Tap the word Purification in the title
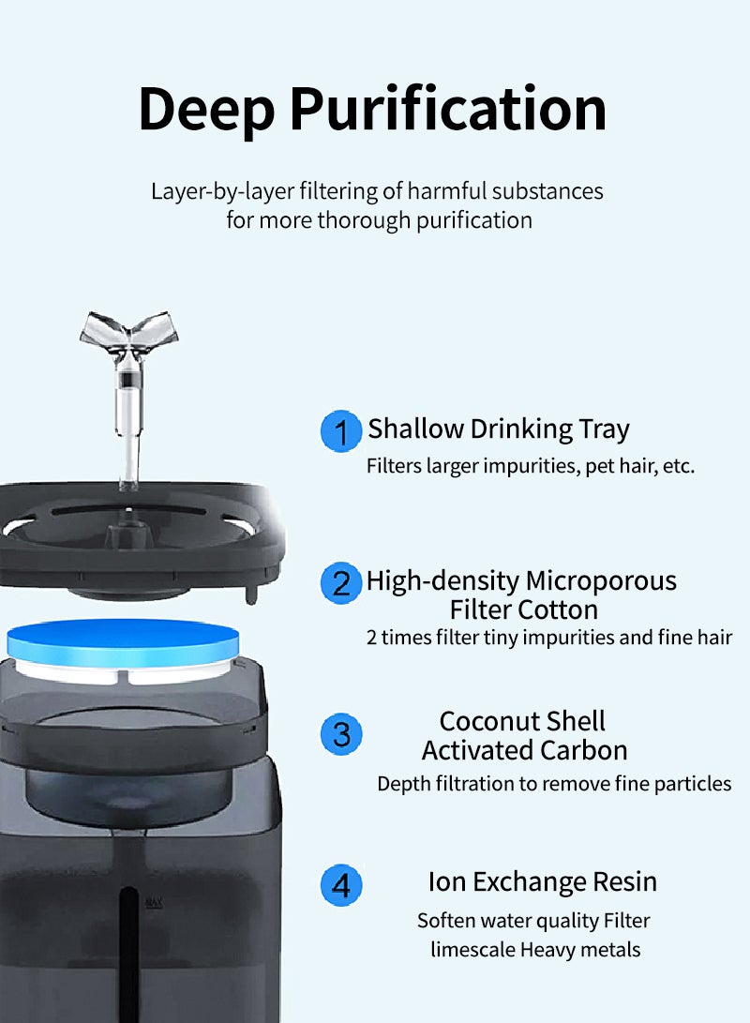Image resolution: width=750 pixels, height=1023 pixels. pos(447,110)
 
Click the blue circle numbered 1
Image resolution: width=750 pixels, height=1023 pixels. pos(341,432)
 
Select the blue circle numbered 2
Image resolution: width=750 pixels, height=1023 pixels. pos(341,583)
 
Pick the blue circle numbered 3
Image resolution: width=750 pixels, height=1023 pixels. pos(341,734)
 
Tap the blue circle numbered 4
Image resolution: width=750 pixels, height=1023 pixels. pos(341,885)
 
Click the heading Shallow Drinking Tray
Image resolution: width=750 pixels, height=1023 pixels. pos(499,429)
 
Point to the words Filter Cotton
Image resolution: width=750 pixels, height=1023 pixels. pos(523,609)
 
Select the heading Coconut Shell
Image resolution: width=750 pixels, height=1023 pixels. pos(522,721)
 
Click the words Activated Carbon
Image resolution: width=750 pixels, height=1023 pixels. pos(524,750)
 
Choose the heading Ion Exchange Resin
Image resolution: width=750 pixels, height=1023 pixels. pos(542,882)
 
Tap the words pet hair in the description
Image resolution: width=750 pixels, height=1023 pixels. pos(621,466)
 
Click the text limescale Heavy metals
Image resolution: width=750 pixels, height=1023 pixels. pos(535,950)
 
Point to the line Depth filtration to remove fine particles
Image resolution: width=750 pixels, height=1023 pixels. pos(554,784)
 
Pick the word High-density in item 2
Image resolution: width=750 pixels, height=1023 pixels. pos(442,581)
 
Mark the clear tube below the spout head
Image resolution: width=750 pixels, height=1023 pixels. pos(127,413)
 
